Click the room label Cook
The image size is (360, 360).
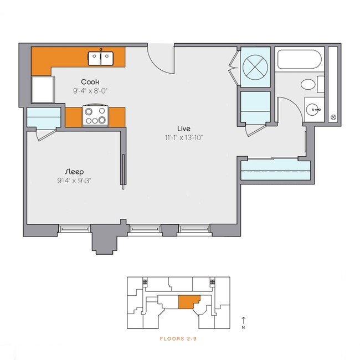click(90, 82)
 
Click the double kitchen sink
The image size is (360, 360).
click(101, 58)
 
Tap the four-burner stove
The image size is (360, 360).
click(95, 116)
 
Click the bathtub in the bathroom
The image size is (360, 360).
click(299, 59)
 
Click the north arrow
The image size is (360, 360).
click(244, 321)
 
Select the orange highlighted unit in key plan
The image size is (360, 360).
click(189, 302)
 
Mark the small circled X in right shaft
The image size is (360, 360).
click(333, 117)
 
